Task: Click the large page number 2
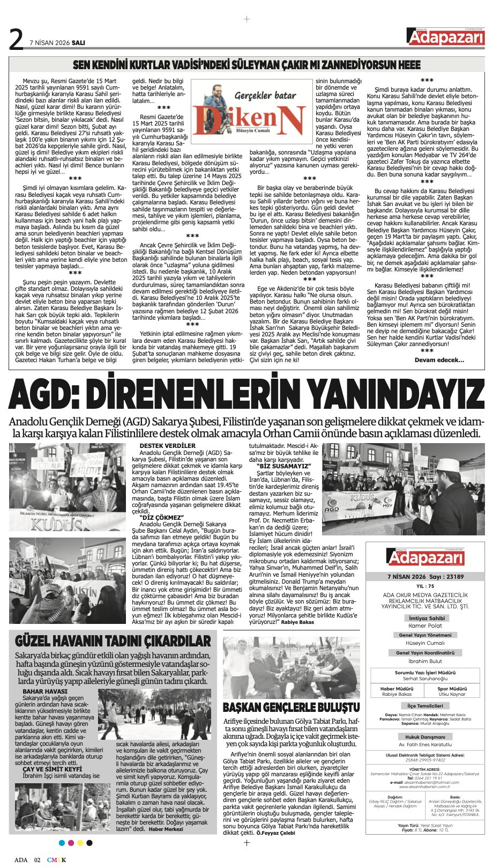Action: click(x=17, y=39)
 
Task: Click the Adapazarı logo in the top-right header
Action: click(x=445, y=38)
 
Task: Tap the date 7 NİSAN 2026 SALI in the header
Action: click(x=57, y=42)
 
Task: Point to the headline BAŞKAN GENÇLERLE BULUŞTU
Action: click(x=291, y=707)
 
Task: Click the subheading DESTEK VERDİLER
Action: click(x=168, y=446)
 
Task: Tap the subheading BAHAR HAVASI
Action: click(x=45, y=692)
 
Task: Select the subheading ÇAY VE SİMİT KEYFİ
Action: click(x=53, y=769)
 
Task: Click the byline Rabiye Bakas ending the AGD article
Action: click(x=297, y=622)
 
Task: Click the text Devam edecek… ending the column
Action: click(x=439, y=360)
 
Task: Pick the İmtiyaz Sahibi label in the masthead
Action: click(x=426, y=618)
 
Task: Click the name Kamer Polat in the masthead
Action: click(x=425, y=626)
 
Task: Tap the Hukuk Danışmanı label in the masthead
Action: click(x=425, y=737)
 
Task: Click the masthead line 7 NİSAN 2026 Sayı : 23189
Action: click(x=425, y=577)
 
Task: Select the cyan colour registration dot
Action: click(x=62, y=843)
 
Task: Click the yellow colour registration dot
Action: click(x=80, y=843)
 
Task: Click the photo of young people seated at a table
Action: click(x=291, y=668)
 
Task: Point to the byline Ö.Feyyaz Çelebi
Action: click(x=275, y=833)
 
